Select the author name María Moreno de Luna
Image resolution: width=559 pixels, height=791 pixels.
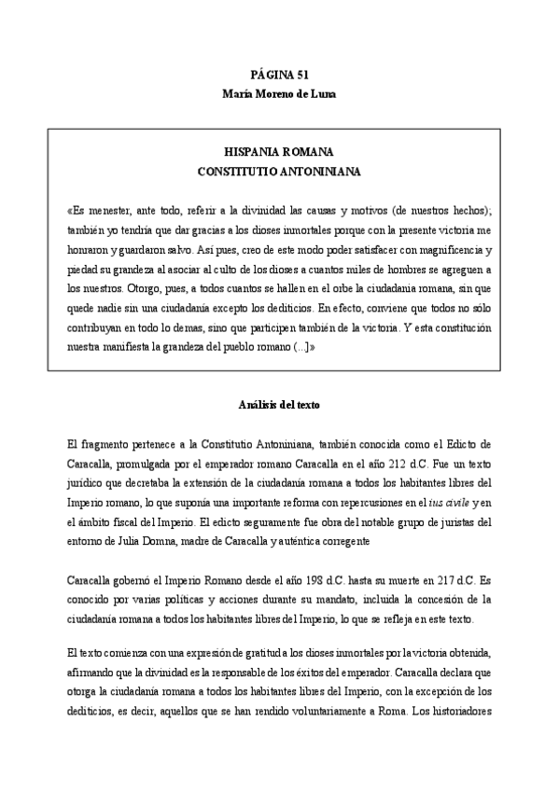coord(279,94)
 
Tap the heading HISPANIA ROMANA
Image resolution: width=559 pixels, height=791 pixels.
coord(279,152)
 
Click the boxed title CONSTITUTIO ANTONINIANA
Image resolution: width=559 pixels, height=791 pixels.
coord(279,172)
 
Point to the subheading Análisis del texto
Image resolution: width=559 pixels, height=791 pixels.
coord(279,407)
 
